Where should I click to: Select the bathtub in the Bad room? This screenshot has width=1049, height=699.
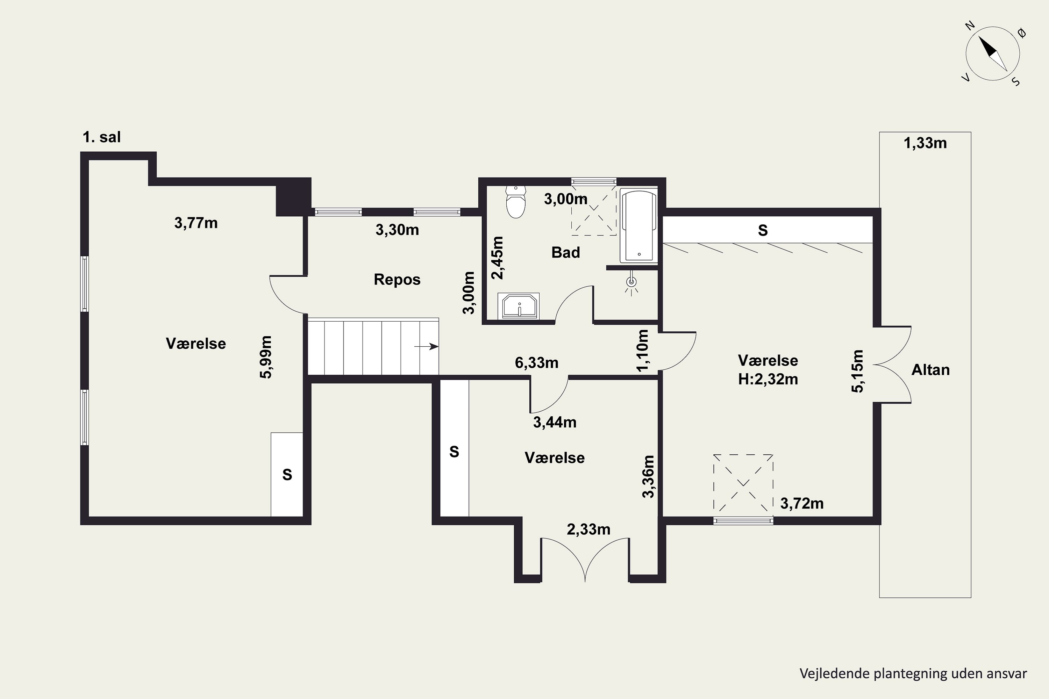(639, 226)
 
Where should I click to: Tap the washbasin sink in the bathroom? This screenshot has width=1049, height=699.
(520, 306)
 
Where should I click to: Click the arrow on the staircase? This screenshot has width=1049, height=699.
(426, 346)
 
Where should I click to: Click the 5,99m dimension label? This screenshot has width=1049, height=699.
(266, 357)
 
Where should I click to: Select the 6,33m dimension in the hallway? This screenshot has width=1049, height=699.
(536, 363)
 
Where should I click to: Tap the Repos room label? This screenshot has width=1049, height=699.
(397, 280)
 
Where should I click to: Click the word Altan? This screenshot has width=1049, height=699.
(930, 370)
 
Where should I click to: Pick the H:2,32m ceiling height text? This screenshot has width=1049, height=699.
(768, 379)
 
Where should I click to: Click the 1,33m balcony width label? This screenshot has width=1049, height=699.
(925, 143)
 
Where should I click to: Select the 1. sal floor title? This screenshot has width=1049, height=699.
(102, 137)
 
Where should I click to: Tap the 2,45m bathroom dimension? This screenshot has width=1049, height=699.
(497, 258)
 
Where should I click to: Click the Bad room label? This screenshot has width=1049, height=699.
(565, 253)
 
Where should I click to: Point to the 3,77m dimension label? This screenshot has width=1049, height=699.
(196, 223)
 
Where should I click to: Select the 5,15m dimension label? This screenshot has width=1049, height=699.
(858, 371)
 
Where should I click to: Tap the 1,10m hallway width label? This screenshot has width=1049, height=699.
(643, 351)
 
